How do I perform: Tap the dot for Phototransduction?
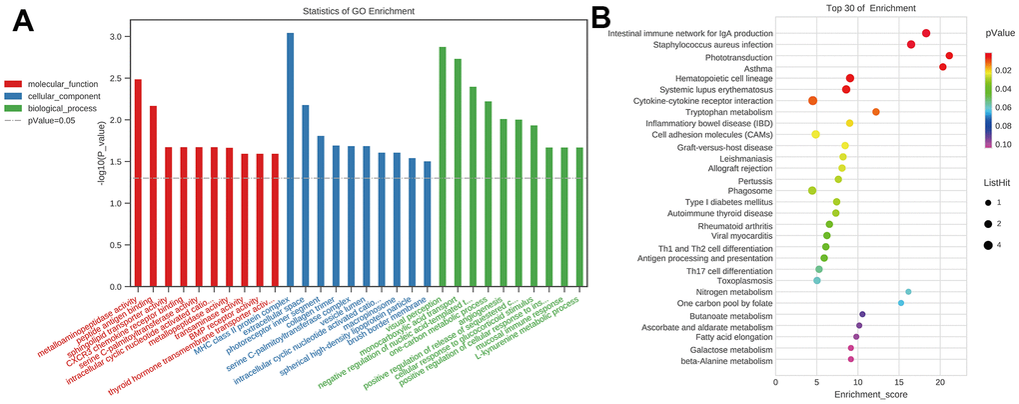coord(949,56)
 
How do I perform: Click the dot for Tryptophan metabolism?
coord(876,112)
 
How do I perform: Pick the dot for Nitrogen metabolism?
coord(908,292)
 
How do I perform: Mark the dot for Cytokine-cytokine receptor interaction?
coord(812,101)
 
